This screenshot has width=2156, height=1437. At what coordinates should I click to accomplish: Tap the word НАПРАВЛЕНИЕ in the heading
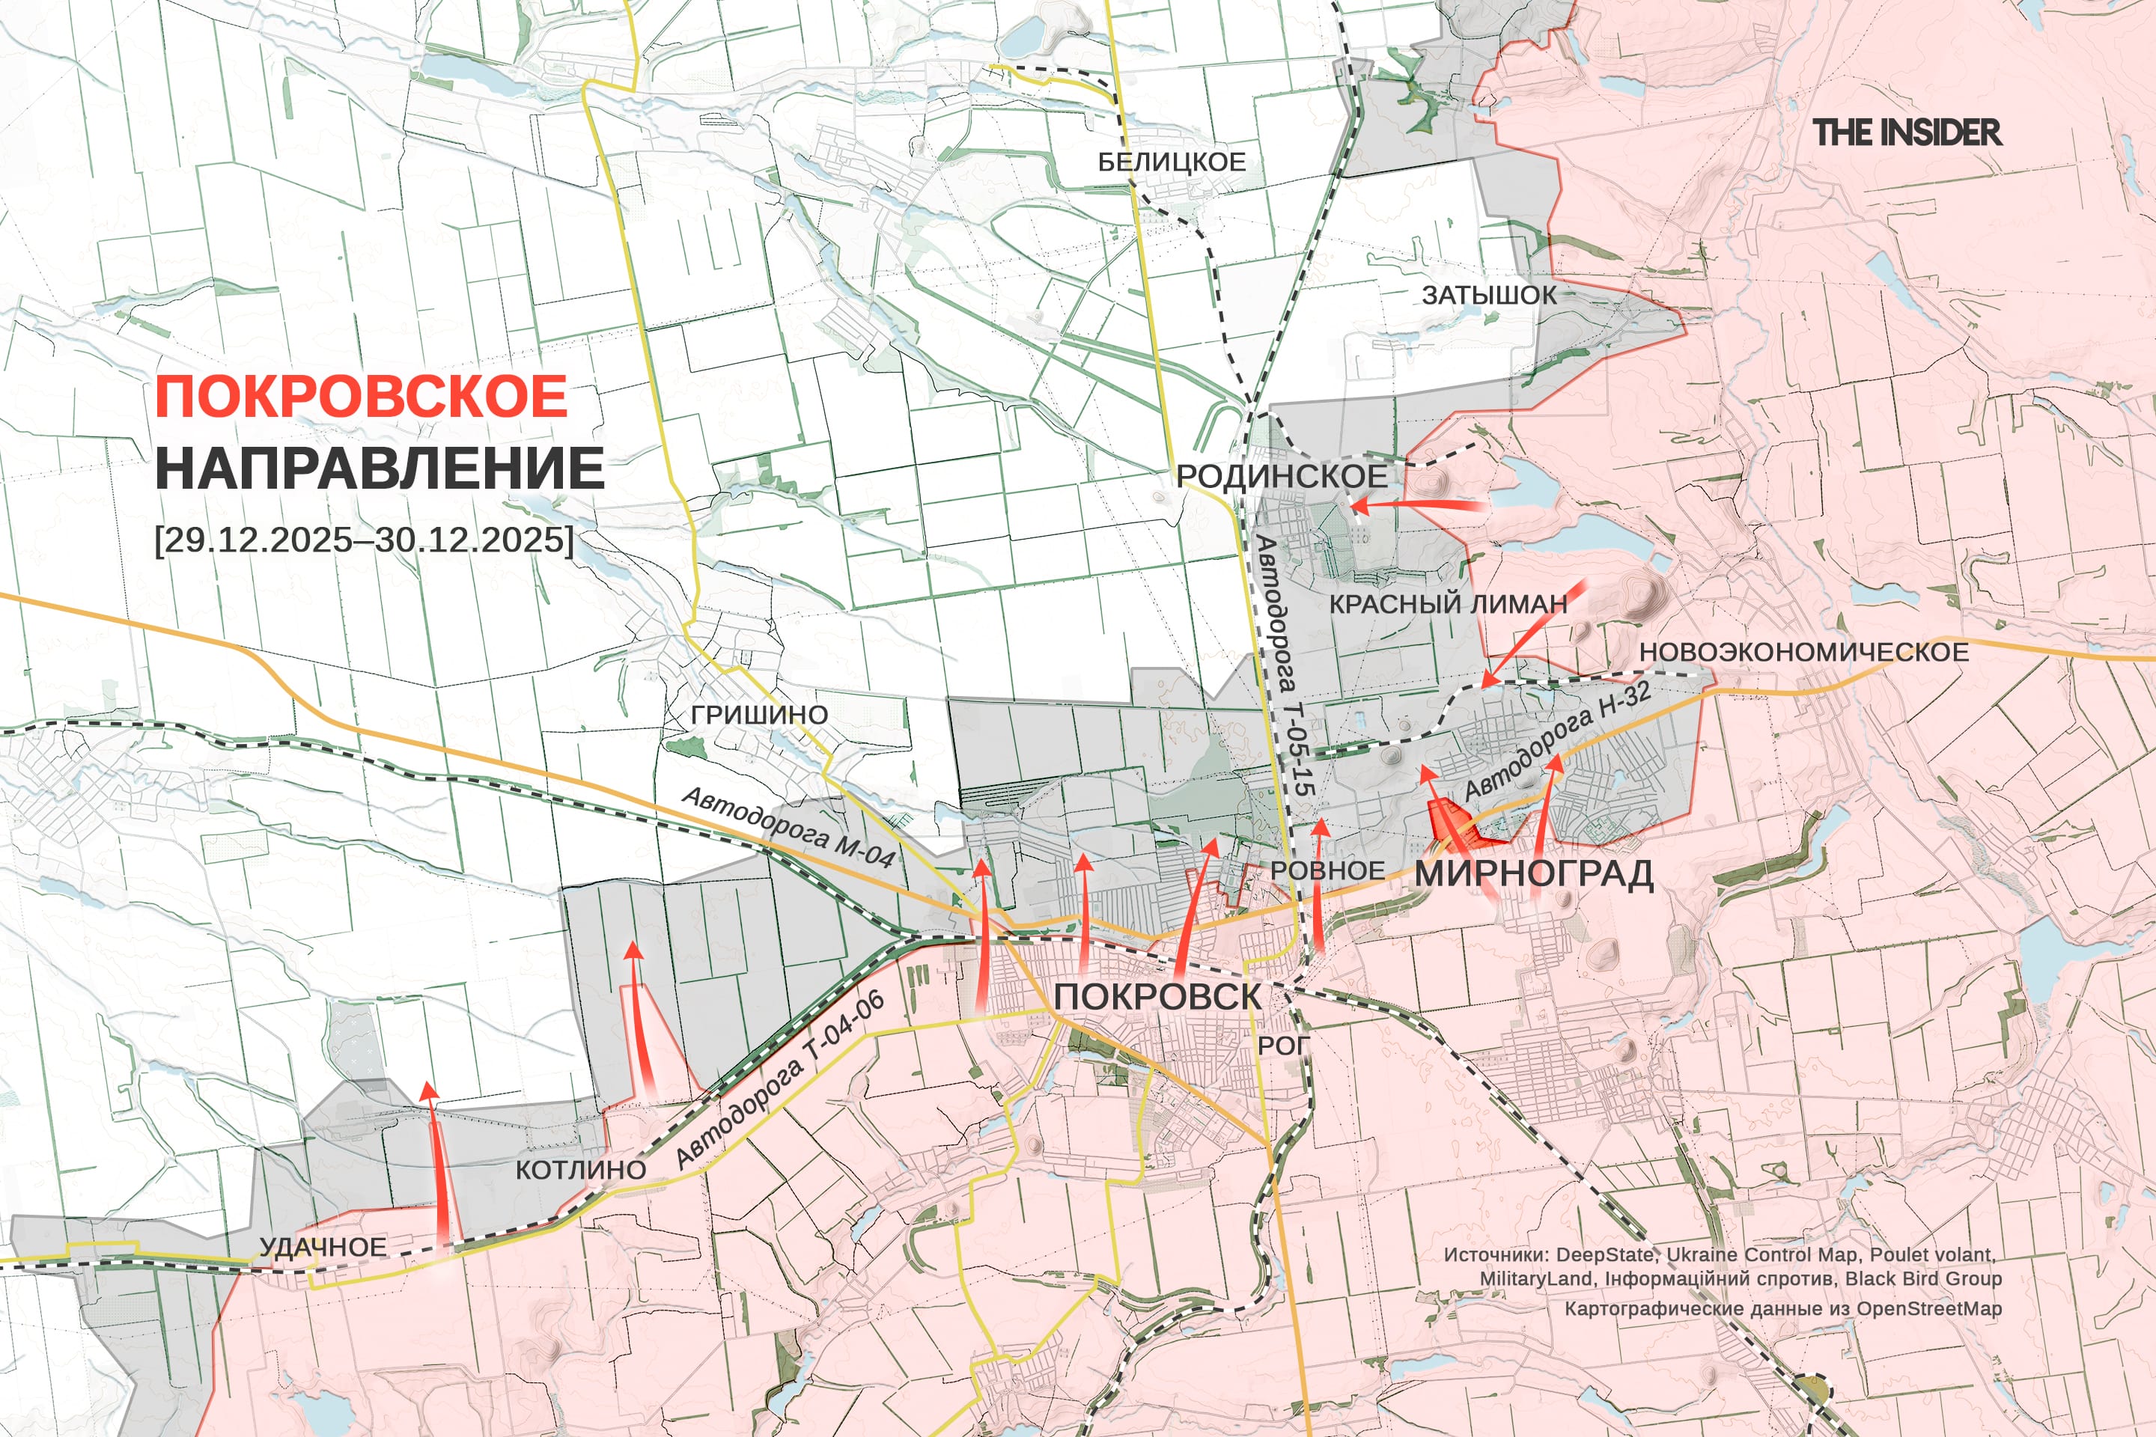coord(380,469)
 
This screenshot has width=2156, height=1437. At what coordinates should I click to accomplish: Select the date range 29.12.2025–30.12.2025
coord(364,539)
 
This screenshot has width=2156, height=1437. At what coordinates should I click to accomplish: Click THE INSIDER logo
coord(1907,133)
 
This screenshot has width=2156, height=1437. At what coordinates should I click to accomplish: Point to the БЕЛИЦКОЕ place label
coord(1172,162)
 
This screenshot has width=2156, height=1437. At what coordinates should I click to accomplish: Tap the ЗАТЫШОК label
coord(1489,295)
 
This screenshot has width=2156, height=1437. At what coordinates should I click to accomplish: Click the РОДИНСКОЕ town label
coord(1282,476)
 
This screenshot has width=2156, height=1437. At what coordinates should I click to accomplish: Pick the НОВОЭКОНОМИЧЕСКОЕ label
coord(1804,653)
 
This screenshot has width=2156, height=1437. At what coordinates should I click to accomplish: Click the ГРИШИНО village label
coord(759,714)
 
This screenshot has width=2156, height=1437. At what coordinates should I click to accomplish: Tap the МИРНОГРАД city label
coord(1534,873)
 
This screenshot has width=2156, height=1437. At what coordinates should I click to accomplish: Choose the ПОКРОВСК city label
coord(1157,997)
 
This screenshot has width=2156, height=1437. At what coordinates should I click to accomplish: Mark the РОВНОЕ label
coord(1327,870)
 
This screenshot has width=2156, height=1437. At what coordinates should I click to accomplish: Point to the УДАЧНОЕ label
coord(323,1248)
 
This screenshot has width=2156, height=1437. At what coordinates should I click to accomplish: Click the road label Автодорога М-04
coord(788,828)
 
